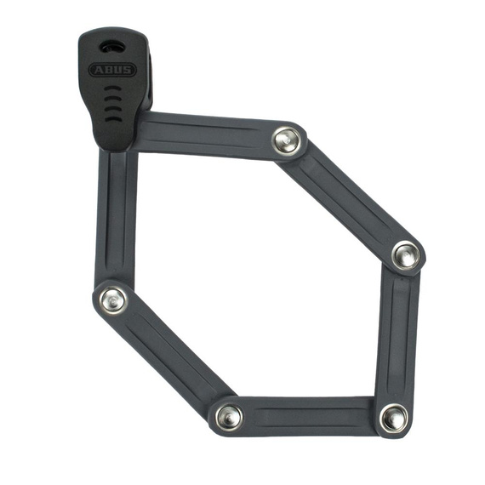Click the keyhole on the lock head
tap(111, 47)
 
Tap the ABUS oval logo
tap(112, 70)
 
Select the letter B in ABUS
tap(108, 70)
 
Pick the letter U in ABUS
tap(117, 70)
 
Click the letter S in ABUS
tap(127, 70)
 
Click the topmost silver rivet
tap(287, 140)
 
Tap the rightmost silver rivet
tap(406, 256)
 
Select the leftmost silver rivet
tap(113, 300)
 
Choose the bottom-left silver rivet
tap(229, 416)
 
